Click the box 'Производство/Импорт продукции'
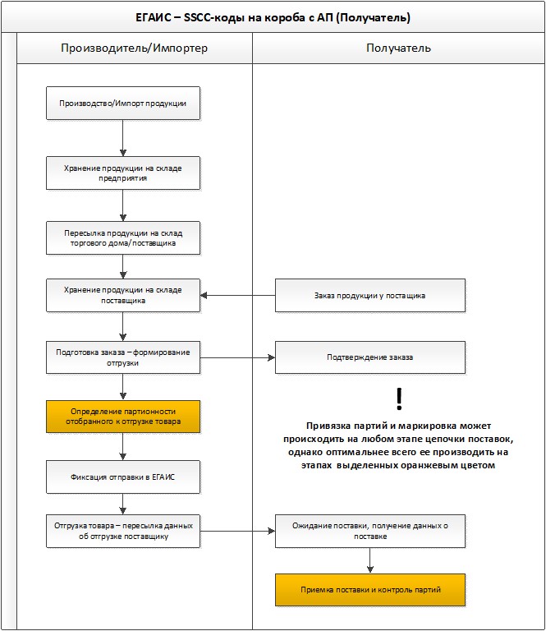[123, 103]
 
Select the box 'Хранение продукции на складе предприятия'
[123, 173]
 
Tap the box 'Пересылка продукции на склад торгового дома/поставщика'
[123, 237]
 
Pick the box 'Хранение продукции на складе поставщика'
[123, 296]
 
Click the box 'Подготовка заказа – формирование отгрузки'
[123, 357]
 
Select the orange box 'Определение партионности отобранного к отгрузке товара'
[123, 417]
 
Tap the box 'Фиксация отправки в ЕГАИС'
[123, 477]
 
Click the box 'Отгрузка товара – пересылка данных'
[123, 531]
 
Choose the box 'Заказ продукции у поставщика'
[370, 296]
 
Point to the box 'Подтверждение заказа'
[370, 357]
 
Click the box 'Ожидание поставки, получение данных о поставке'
[370, 531]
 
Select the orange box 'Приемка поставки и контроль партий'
[370, 590]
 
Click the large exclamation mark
[399, 398]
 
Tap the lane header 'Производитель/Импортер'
[135, 48]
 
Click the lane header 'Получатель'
[398, 48]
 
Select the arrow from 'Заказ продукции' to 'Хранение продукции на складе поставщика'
[237, 296]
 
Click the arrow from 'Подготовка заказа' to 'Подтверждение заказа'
[237, 357]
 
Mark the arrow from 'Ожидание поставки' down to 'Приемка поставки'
[370, 560]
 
